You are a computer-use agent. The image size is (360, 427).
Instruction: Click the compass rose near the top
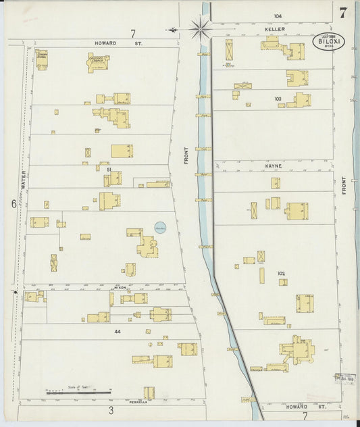click(x=200, y=28)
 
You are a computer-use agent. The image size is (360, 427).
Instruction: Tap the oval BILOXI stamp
click(x=328, y=41)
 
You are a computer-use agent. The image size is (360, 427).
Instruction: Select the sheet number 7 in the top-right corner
click(x=344, y=12)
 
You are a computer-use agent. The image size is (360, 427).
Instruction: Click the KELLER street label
click(x=274, y=29)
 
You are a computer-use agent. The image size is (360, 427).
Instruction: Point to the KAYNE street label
click(x=273, y=165)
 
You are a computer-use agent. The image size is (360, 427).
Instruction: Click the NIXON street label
click(x=120, y=286)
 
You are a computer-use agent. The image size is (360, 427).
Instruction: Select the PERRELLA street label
click(x=138, y=401)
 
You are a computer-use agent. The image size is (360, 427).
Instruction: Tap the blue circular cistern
click(x=161, y=228)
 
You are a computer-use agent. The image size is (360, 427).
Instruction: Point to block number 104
click(x=277, y=16)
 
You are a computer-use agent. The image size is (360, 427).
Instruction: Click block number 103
click(x=278, y=99)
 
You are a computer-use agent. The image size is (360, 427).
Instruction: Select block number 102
click(x=280, y=274)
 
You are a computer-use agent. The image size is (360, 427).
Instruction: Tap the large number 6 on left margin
click(x=13, y=203)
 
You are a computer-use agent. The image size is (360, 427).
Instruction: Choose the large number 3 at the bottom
click(x=111, y=409)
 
